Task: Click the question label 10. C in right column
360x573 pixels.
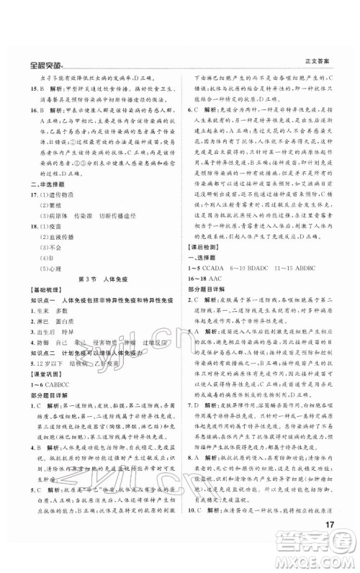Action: click(195, 531)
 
